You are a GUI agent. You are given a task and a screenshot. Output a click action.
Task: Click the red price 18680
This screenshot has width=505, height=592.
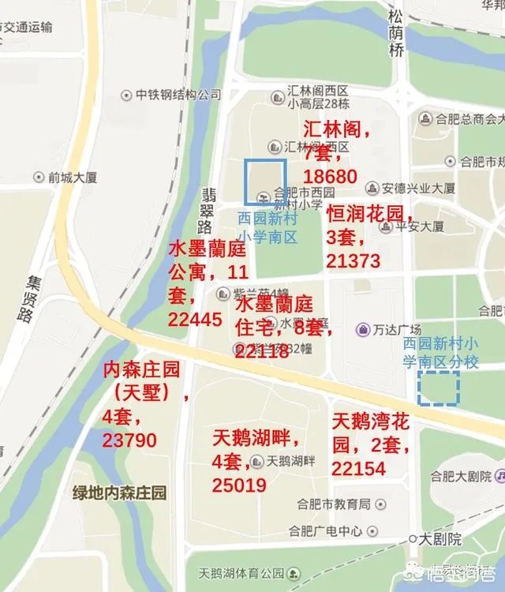pyautogui.click(x=331, y=176)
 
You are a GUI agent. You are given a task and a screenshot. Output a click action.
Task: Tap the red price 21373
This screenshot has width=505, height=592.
pyautogui.click(x=353, y=261)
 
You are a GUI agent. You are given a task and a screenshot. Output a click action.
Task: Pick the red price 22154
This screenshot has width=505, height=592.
pyautogui.click(x=358, y=468)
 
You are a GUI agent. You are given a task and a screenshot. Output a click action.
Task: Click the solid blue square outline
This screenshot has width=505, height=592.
pyautogui.click(x=264, y=182)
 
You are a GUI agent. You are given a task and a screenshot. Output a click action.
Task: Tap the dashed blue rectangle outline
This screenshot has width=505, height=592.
pyautogui.click(x=439, y=388)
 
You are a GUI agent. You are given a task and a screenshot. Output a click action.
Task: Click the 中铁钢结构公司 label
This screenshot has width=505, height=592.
pyautogui.click(x=178, y=95)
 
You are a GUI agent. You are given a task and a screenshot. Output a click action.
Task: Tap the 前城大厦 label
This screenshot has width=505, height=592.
pyautogui.click(x=73, y=178)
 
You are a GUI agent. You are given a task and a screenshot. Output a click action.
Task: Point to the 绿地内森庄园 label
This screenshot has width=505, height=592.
pyautogui.click(x=120, y=493)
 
